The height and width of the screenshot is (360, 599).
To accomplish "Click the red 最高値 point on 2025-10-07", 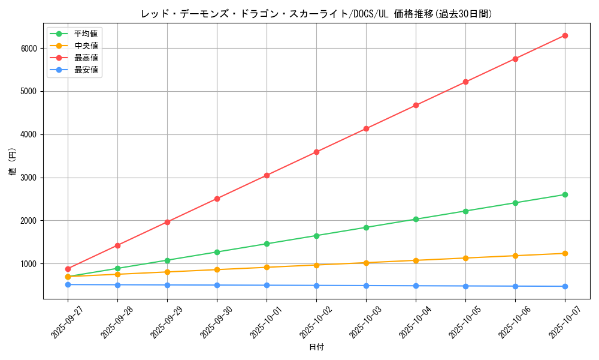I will coord(565,35).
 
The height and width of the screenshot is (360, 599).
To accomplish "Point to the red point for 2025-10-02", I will coord(316,152).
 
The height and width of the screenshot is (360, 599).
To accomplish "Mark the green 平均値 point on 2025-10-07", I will coord(565,194).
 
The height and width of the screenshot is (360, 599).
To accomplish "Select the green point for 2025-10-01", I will coord(267,244).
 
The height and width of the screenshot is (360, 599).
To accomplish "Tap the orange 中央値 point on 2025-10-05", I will coord(465,258).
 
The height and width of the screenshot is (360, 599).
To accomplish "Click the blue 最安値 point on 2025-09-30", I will coord(217,285).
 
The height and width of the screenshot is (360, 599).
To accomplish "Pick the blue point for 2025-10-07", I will coord(565,286).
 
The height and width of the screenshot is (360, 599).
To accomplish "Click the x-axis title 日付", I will coord(316,347).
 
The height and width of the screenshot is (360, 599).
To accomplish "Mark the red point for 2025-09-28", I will coord(117,245).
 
